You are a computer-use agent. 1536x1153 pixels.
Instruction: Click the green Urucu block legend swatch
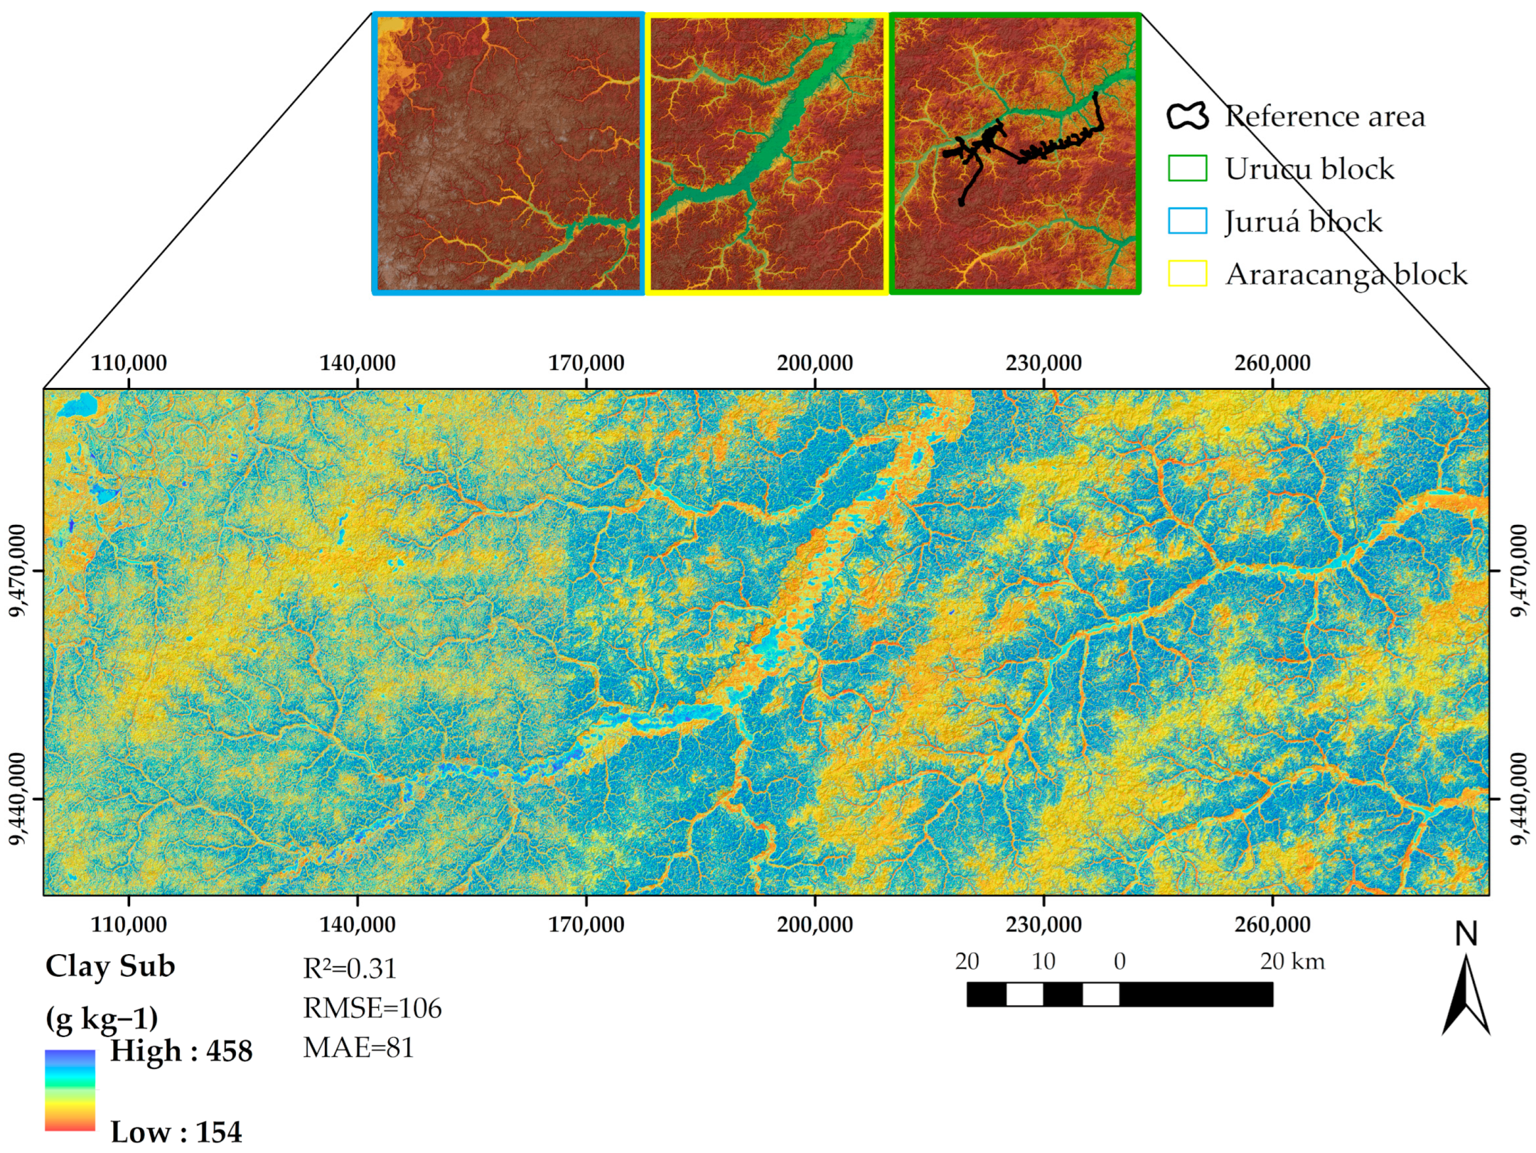pyautogui.click(x=1187, y=168)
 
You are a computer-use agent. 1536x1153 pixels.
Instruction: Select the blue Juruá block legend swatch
pyautogui.click(x=1187, y=221)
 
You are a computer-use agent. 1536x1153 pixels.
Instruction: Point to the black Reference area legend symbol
pyautogui.click(x=1187, y=116)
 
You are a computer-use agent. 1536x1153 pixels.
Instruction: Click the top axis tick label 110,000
pyautogui.click(x=128, y=362)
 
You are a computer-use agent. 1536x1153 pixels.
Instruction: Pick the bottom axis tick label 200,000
pyautogui.click(x=814, y=925)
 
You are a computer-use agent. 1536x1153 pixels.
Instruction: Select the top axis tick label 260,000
pyautogui.click(x=1272, y=362)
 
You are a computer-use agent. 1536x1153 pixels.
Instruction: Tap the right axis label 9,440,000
pyautogui.click(x=1518, y=798)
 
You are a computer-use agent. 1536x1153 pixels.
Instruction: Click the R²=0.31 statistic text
pyautogui.click(x=349, y=968)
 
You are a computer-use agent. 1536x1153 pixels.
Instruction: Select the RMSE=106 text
pyautogui.click(x=372, y=1008)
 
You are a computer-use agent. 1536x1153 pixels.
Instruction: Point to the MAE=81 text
pyautogui.click(x=358, y=1047)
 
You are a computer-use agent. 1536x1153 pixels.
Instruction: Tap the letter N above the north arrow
pyautogui.click(x=1466, y=935)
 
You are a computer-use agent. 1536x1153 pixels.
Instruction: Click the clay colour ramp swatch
pyautogui.click(x=69, y=1090)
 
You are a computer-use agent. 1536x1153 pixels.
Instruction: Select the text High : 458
pyautogui.click(x=181, y=1051)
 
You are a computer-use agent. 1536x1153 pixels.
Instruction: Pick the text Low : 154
pyautogui.click(x=176, y=1132)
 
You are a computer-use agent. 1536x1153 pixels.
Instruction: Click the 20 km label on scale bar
pyautogui.click(x=1292, y=961)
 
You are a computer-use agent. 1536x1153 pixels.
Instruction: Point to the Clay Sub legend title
pyautogui.click(x=110, y=966)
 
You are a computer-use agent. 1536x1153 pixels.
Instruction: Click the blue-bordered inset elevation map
pyautogui.click(x=509, y=153)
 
